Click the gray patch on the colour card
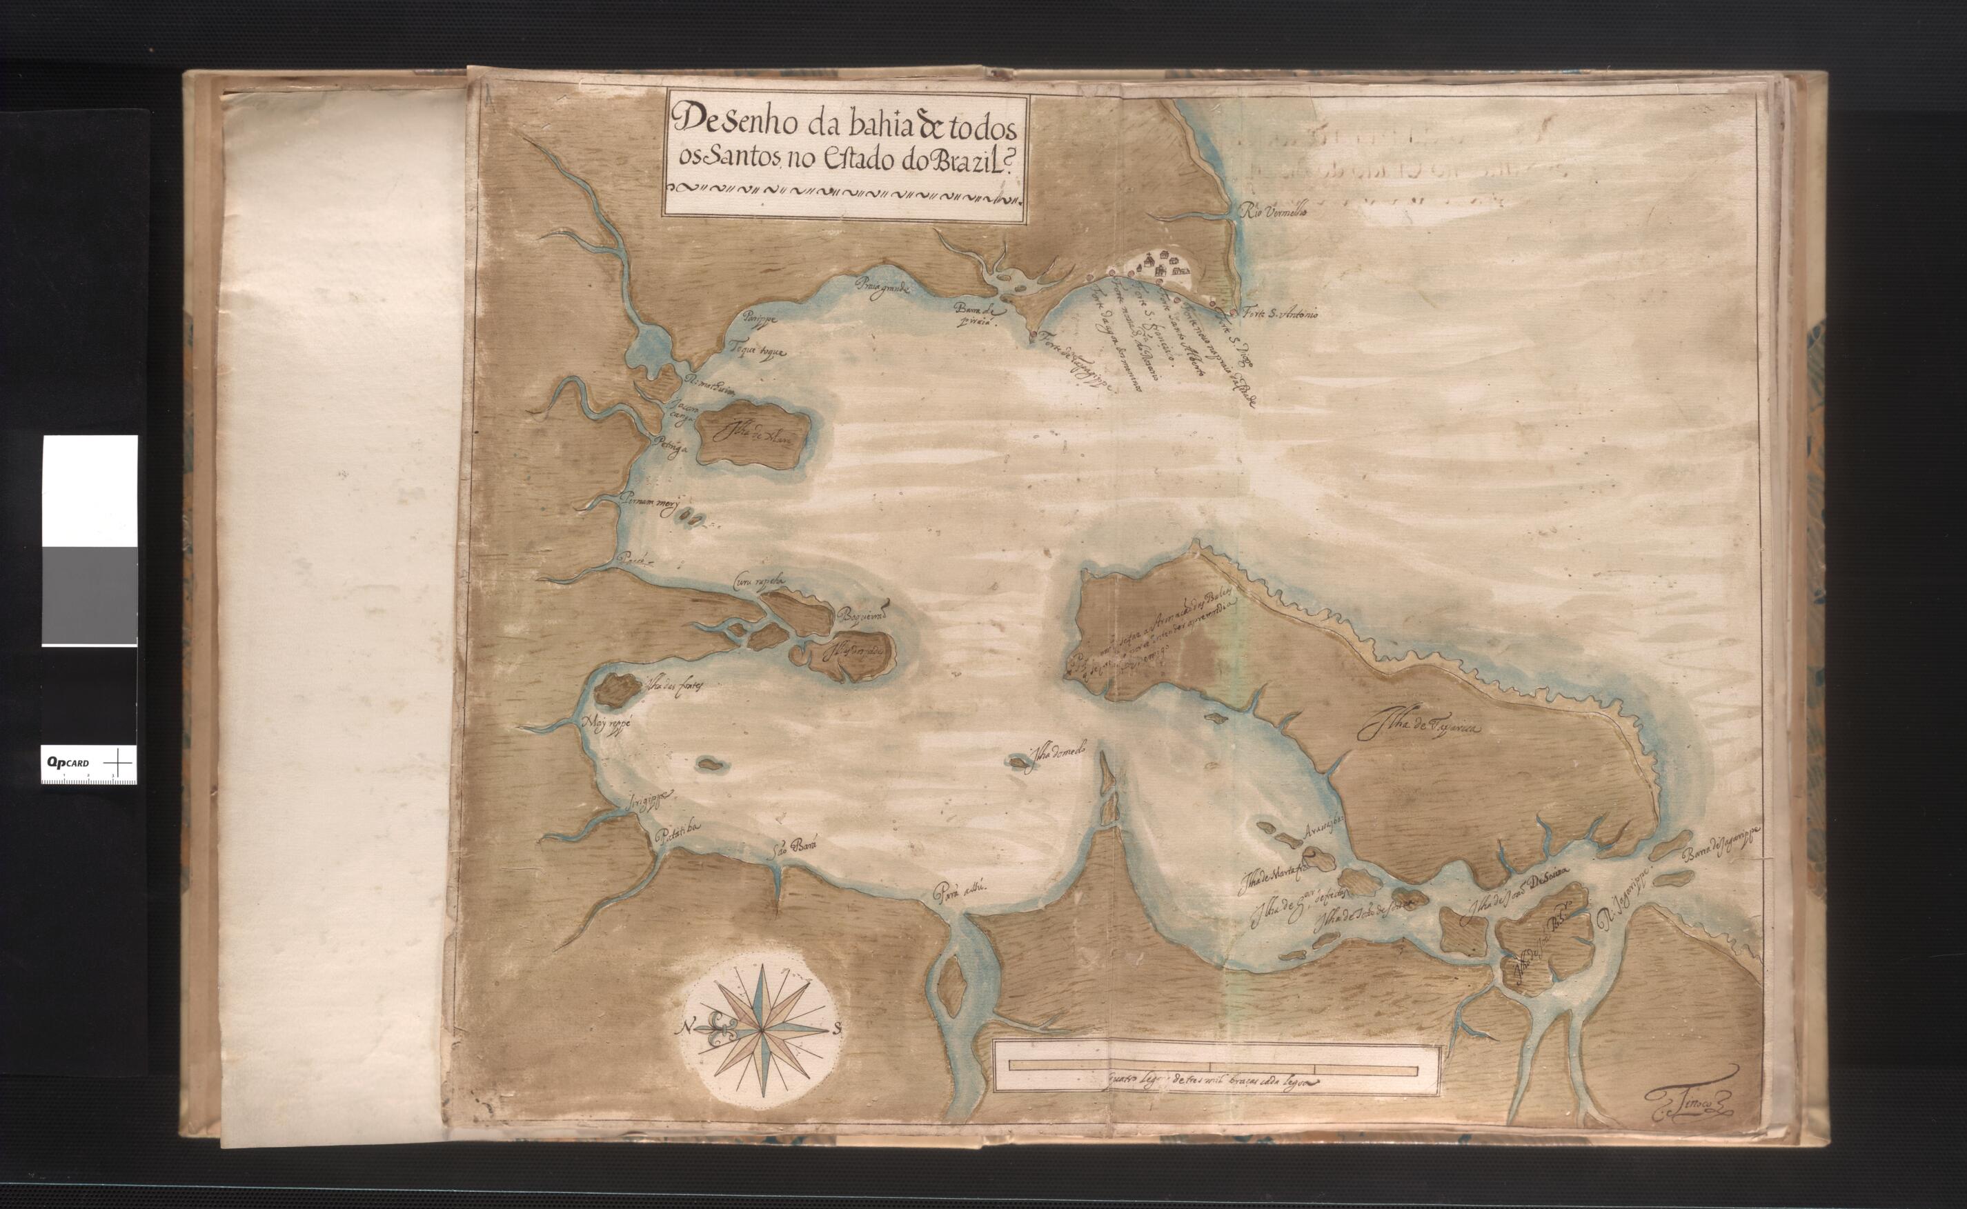(x=89, y=596)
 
